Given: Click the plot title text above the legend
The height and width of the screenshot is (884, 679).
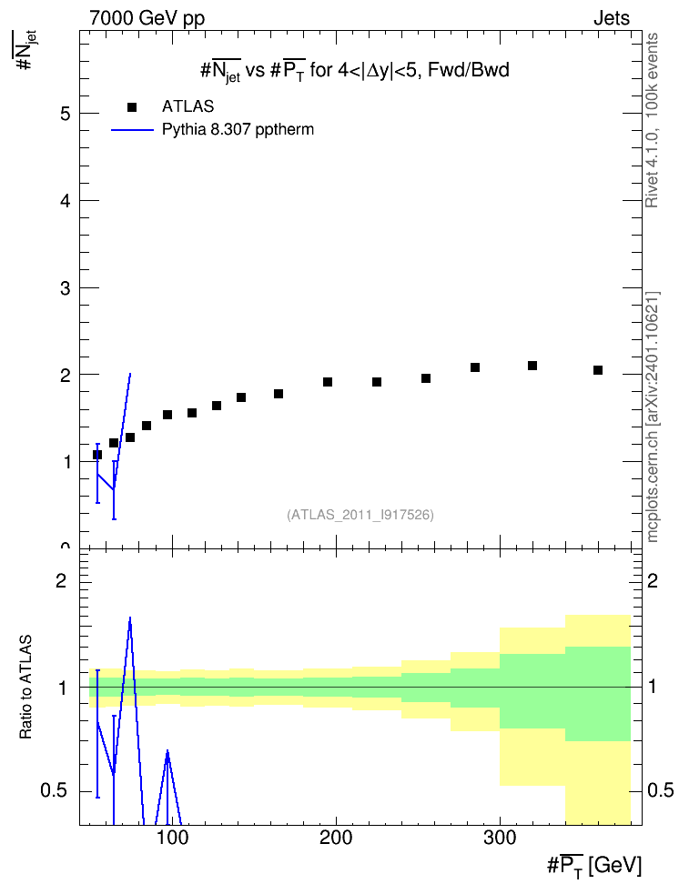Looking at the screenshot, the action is coord(355,71).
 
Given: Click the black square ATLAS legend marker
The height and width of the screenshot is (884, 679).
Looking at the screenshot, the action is coord(132,106).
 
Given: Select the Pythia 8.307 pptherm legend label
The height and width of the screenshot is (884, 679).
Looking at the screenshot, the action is coord(238,130).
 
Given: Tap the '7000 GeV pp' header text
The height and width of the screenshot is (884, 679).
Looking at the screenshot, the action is coord(147,18).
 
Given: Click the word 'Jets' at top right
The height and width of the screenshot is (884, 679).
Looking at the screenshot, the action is coord(612,18).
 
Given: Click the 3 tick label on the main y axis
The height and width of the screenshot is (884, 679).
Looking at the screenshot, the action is coord(66,288).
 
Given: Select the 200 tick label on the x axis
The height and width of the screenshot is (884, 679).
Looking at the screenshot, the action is coord(336,838).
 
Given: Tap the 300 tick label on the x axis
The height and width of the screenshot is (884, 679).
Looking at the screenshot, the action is coord(500,838).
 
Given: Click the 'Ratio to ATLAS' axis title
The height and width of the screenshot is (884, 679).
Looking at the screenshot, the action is coord(25,688).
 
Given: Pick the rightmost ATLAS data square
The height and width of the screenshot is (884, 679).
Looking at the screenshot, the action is coord(598,370).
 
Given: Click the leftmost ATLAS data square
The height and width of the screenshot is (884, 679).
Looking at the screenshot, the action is coord(97,455).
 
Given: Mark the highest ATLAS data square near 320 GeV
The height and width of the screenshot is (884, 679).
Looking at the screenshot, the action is coord(532,366).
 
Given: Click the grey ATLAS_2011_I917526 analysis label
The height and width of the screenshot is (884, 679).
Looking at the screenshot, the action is coord(360,515).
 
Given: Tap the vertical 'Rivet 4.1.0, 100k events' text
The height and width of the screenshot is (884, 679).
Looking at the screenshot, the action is coord(652,120).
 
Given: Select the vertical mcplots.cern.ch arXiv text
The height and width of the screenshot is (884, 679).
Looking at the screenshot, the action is coord(653,417).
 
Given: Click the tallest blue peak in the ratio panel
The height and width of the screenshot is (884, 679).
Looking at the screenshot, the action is coord(130,618).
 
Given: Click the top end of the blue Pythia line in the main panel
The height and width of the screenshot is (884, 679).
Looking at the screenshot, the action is coord(130,373).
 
